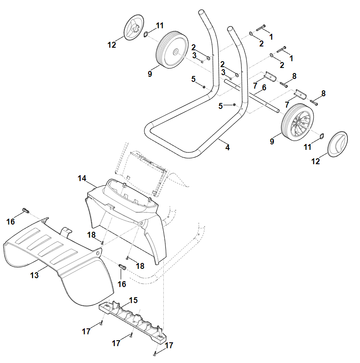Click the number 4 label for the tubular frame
point(227,148)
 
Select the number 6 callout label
point(264,87)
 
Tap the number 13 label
point(35,275)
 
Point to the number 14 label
point(82,179)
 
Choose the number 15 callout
point(133,300)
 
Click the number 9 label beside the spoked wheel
point(272,141)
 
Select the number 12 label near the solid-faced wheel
point(112,45)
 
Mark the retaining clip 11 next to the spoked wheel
point(320,136)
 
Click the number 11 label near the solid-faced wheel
point(159,25)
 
